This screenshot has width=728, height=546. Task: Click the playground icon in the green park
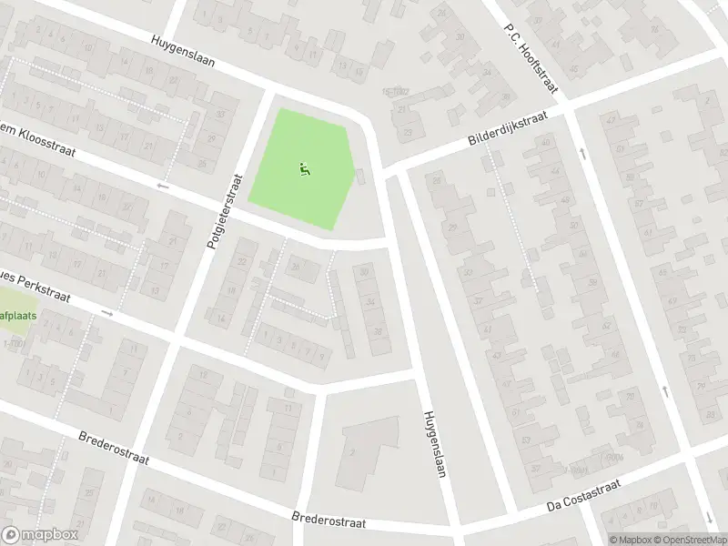click(x=304, y=168)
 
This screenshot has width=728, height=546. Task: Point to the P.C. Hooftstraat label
click(x=531, y=49)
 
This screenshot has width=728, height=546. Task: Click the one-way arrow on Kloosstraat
click(x=164, y=186)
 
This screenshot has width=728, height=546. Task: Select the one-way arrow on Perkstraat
click(x=107, y=313)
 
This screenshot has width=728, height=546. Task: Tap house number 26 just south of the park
click(x=294, y=266)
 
